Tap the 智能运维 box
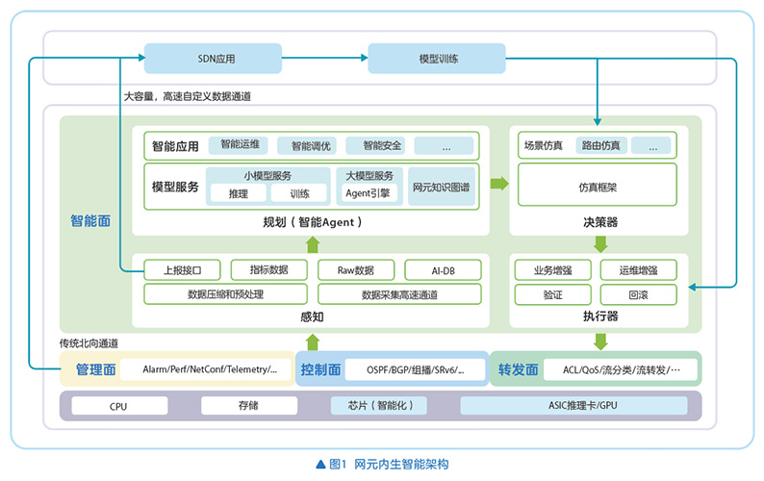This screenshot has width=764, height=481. pos(240,146)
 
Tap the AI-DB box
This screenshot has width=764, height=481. pos(443,269)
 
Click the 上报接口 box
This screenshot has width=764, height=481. pos(182,269)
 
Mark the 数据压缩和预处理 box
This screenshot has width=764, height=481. pos(226,294)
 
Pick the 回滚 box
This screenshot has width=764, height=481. pos(638,294)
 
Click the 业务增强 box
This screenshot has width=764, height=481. pos(553,269)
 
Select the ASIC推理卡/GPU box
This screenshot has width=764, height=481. pos(573,406)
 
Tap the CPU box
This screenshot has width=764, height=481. pos(118,406)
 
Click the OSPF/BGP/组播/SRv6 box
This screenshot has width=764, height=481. pos(415,369)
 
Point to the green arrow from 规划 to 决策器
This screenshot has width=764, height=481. pos(499,183)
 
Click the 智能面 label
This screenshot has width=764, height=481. pos(90,220)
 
